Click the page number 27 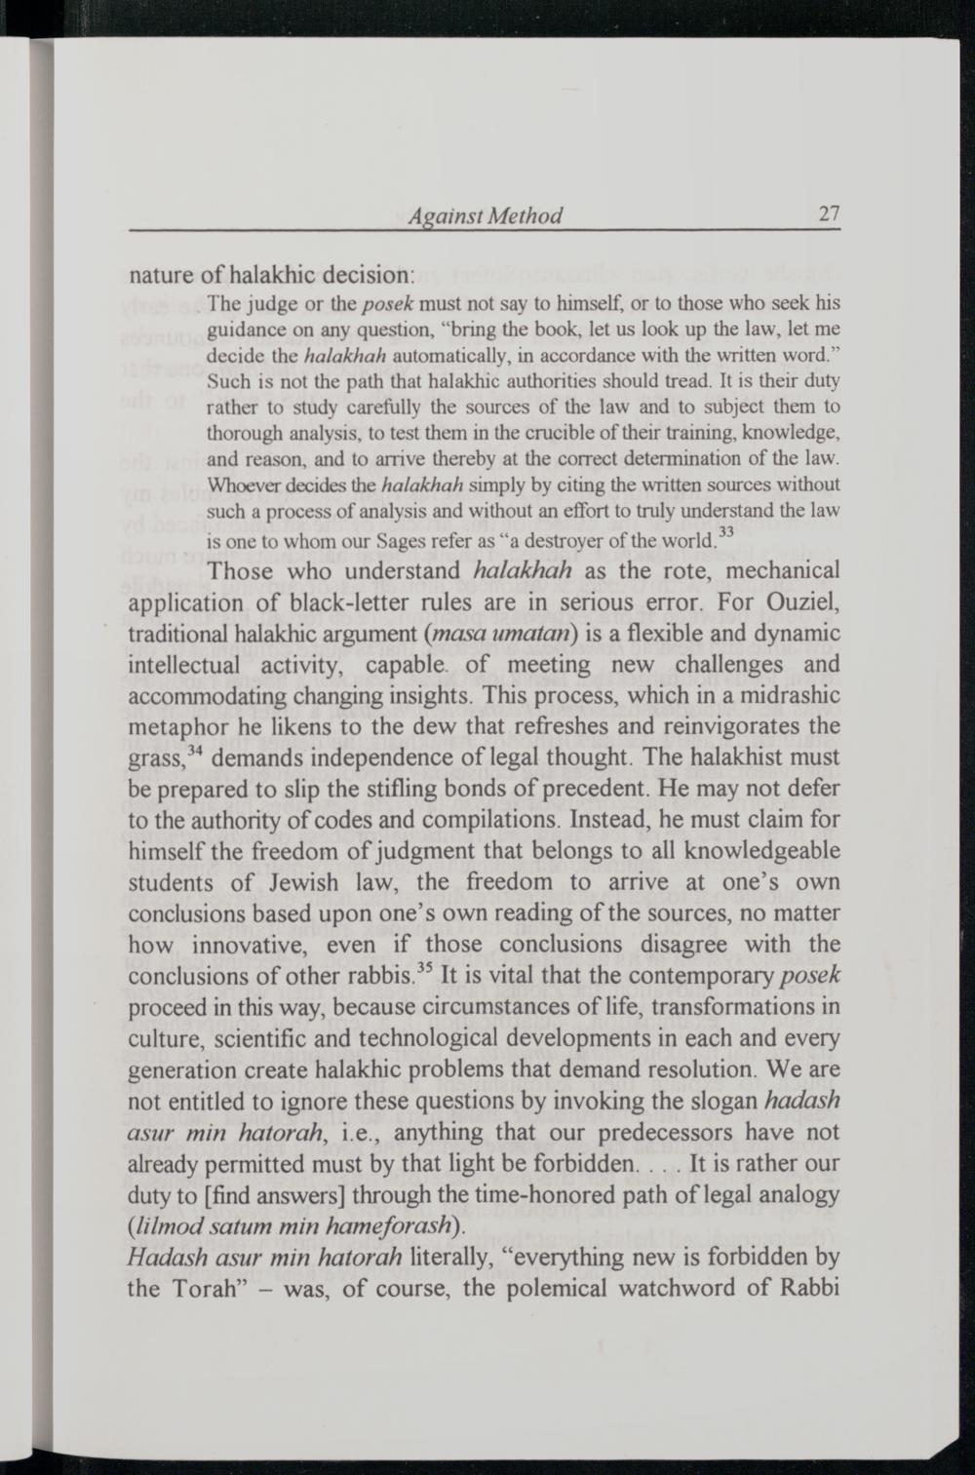[830, 214]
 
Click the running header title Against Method [486, 215]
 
